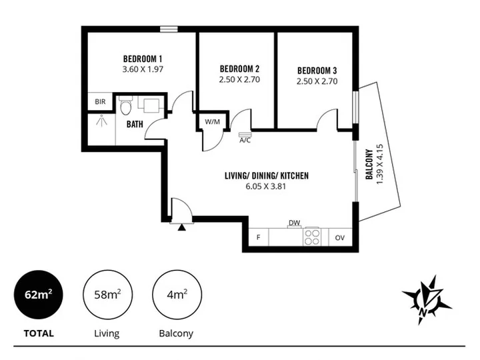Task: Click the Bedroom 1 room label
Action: (143, 59)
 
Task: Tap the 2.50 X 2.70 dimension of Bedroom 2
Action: (239, 79)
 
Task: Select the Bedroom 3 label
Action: (317, 71)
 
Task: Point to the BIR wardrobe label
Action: (100, 101)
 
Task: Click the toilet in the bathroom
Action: (125, 105)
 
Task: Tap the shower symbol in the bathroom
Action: (101, 120)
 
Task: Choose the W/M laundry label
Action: (213, 122)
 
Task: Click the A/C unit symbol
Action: (245, 135)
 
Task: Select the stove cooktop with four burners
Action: (312, 237)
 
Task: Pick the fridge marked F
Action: (259, 237)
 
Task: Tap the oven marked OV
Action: (340, 237)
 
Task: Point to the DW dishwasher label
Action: (295, 223)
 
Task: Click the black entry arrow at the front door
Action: (182, 227)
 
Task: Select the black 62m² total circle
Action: (39, 295)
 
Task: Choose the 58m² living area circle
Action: (108, 295)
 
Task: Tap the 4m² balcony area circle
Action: (177, 295)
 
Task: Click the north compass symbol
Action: (426, 300)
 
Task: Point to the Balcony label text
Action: (369, 165)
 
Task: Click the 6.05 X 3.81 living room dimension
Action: (266, 187)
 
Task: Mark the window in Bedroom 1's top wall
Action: (169, 29)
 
